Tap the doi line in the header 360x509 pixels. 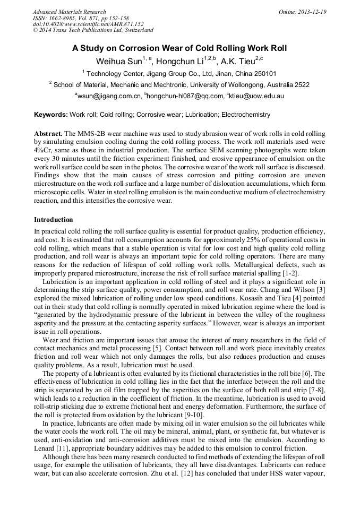tap(88, 24)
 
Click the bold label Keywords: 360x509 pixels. tap(51, 115)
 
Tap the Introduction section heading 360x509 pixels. tap(54, 219)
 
